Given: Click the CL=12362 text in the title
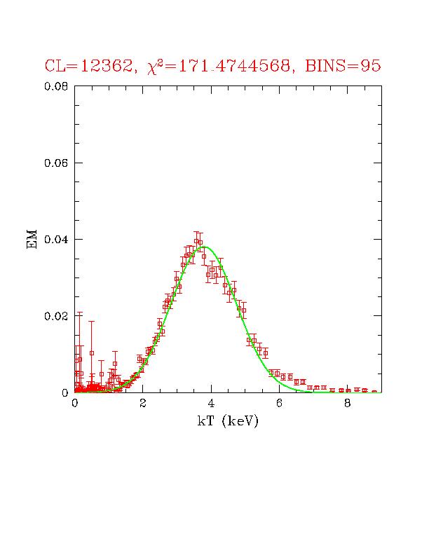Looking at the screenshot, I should tap(88, 67).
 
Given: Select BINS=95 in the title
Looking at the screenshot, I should tap(343, 67).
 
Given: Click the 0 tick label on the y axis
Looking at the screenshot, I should tap(64, 392).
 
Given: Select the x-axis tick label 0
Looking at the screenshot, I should tap(75, 404).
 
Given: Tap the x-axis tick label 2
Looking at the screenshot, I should tap(143, 404).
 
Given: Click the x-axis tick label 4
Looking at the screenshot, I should tap(211, 404).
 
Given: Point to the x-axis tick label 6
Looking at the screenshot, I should tap(279, 404).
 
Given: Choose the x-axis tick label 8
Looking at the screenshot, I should tap(348, 404).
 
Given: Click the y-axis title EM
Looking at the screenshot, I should tap(32, 240).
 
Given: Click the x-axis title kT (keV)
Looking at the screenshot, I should tap(228, 421).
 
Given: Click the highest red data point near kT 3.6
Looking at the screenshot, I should tap(197, 240).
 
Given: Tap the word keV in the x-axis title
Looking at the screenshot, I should tap(240, 421).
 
